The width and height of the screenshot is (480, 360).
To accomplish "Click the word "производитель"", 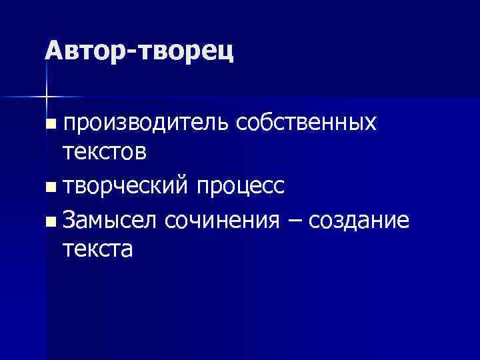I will pyautogui.click(x=146, y=124).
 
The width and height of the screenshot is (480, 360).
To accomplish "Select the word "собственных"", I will pyautogui.click(x=306, y=123).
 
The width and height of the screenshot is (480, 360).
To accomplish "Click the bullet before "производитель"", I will pyautogui.click(x=52, y=125).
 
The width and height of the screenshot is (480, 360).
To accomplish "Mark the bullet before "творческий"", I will pyautogui.click(x=52, y=188).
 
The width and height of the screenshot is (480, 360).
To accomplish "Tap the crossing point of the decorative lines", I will pyautogui.click(x=47, y=97).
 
